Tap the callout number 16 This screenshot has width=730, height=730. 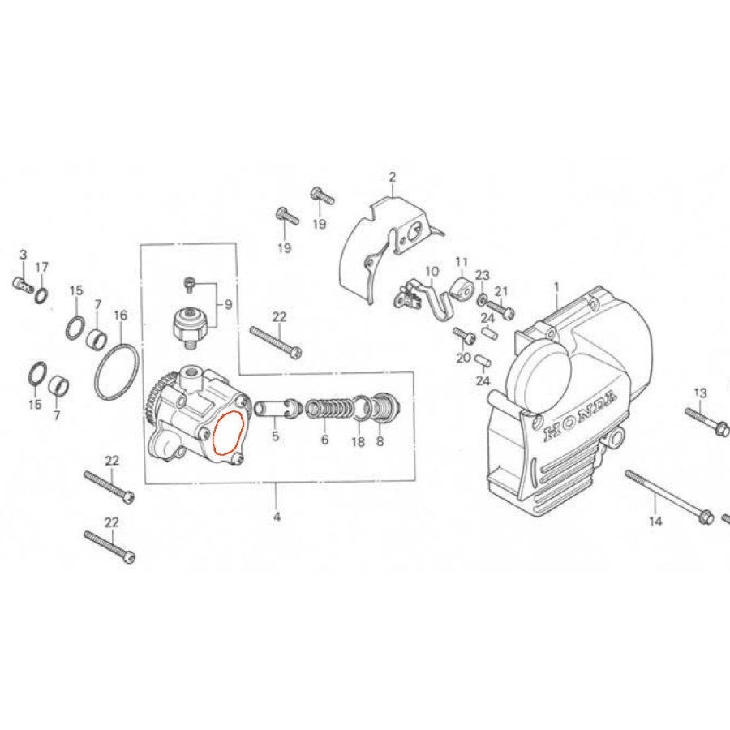pos(120,316)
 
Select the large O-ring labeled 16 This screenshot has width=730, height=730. pos(117,372)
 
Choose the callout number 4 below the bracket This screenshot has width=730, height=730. pos(277,517)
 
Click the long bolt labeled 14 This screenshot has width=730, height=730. pos(669,496)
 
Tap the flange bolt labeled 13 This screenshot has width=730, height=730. pos(706,421)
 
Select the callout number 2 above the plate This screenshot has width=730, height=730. pos(392,177)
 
